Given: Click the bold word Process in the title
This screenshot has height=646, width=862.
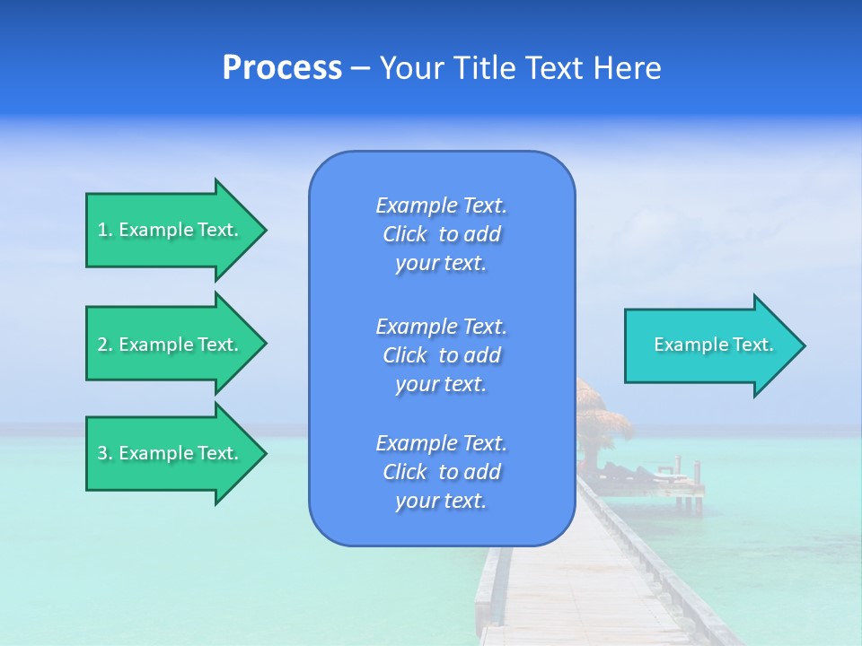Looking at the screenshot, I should (282, 68).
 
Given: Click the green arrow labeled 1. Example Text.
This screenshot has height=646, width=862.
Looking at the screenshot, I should (171, 230).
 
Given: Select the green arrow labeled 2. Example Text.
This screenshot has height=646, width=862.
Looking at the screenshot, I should (171, 345).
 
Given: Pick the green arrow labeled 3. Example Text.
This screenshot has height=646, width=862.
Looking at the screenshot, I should (171, 453).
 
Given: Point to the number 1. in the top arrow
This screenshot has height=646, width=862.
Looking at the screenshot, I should (105, 230).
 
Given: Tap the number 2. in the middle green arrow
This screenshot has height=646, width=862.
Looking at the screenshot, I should (105, 345).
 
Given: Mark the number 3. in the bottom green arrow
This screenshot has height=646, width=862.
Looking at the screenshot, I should (105, 453).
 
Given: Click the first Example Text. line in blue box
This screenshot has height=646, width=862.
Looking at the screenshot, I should (441, 205).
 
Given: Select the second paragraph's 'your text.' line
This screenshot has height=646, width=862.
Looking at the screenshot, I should (441, 384).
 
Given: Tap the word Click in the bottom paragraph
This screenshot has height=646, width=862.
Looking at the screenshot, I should (404, 472).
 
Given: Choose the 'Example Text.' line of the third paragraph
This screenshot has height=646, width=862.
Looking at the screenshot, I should (441, 443).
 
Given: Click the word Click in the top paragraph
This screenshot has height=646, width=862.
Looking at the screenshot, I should (404, 234).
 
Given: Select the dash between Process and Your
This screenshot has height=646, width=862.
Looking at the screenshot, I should (360, 69).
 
